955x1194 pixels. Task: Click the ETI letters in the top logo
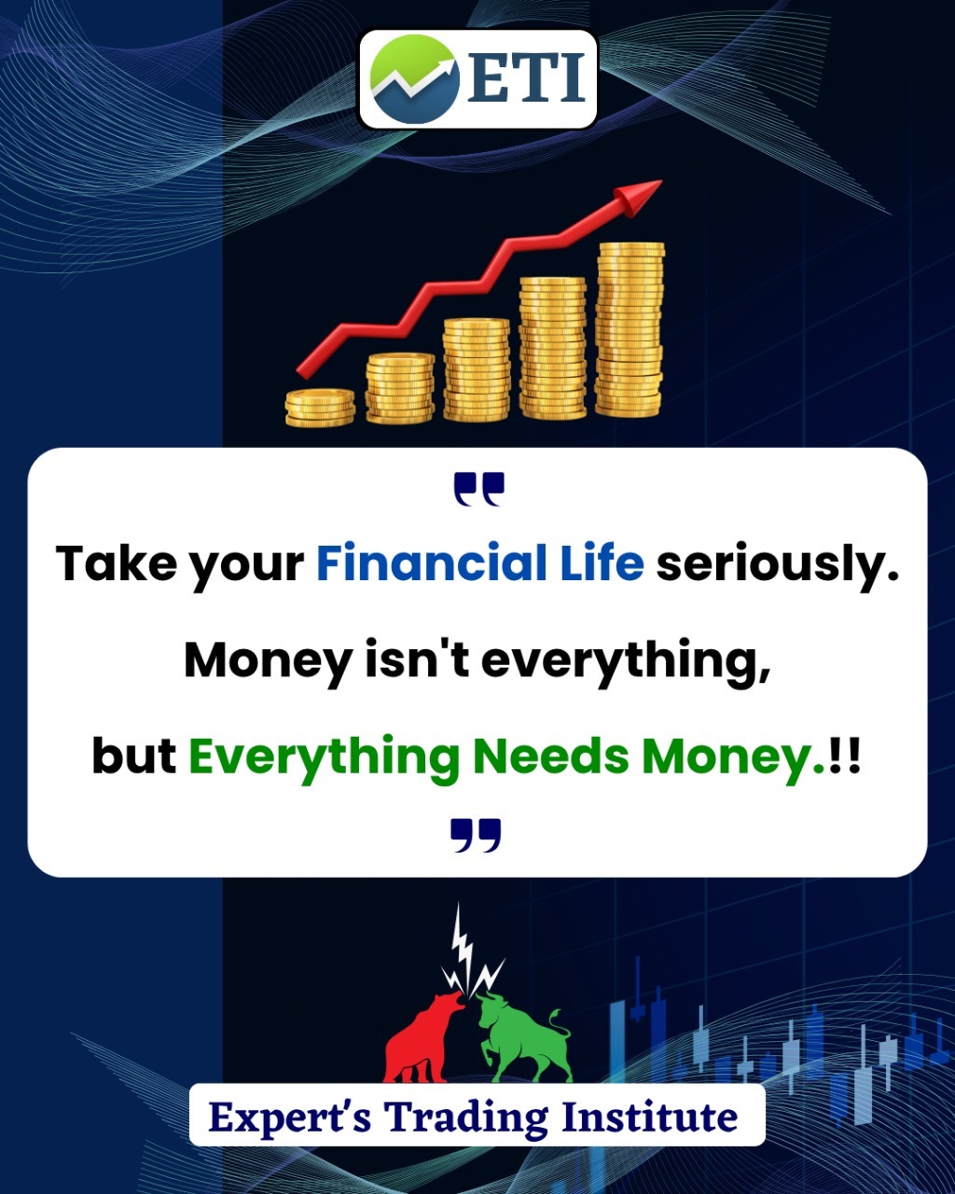[x=527, y=77]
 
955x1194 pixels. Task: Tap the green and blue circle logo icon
[x=414, y=78]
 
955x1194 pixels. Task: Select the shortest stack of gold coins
[x=320, y=408]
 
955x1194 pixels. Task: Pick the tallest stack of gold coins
[x=630, y=329]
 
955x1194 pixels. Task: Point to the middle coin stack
[x=477, y=369]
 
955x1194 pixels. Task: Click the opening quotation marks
[x=479, y=490]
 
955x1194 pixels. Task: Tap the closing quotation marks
[x=476, y=835]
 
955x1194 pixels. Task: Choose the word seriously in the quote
[x=778, y=566]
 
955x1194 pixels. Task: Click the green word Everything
[x=325, y=759]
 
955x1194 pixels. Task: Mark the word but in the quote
[x=134, y=757]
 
